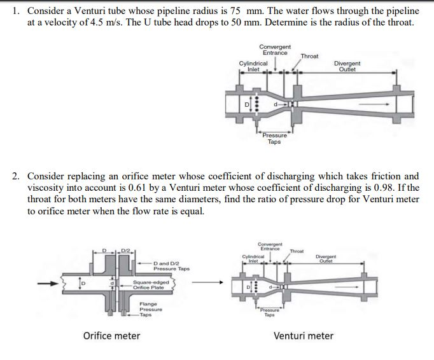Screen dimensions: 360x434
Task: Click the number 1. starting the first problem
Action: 17,11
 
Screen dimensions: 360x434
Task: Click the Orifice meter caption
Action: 112,336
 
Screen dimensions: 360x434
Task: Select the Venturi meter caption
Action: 304,336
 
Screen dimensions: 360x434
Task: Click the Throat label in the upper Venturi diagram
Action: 309,57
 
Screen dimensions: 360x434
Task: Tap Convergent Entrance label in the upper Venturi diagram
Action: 275,50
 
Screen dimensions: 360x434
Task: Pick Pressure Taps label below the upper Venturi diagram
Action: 274,139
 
